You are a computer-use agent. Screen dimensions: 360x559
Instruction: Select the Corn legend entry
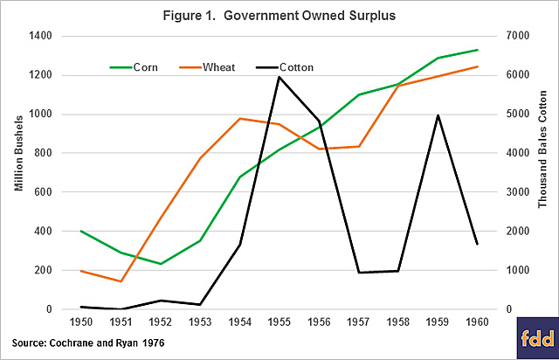point(131,66)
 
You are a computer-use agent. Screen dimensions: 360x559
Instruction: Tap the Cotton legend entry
point(281,66)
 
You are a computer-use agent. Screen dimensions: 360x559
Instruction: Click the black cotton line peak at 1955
point(279,77)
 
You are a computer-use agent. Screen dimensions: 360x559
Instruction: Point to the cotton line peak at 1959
point(438,115)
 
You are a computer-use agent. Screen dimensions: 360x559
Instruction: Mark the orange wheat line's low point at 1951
point(121,281)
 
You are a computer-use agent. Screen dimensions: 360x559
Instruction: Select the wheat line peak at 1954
point(240,118)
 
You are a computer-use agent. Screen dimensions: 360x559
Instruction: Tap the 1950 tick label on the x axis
point(80,322)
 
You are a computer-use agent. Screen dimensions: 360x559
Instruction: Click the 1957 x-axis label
point(359,322)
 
